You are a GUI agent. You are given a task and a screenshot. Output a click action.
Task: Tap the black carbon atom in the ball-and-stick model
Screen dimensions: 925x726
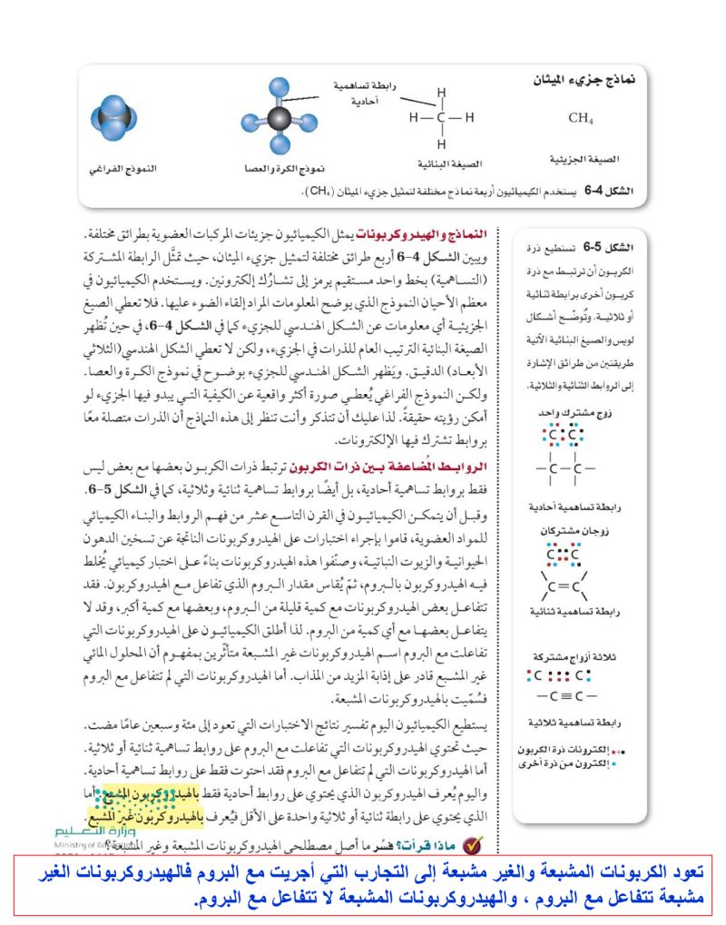[x=279, y=121]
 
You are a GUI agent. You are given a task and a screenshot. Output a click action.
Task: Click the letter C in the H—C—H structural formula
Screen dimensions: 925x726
[x=441, y=117]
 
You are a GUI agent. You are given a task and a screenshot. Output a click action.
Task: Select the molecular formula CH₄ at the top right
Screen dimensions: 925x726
[x=581, y=118]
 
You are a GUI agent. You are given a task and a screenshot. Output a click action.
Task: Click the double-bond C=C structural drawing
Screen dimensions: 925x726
[x=566, y=586]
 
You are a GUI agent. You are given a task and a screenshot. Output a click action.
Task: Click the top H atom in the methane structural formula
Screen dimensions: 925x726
[x=441, y=93]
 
